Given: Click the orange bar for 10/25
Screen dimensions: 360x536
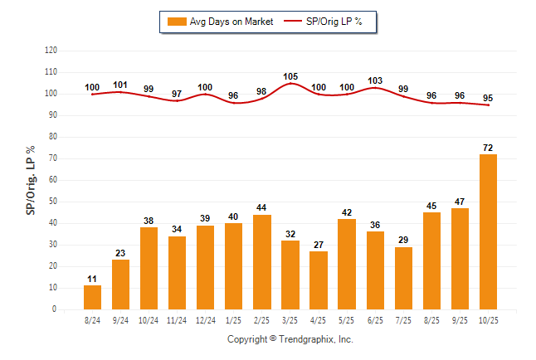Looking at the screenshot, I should pos(489,231).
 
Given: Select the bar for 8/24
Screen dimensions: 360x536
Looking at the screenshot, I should pos(92,297).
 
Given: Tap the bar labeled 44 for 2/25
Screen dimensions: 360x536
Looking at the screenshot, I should pos(261,261).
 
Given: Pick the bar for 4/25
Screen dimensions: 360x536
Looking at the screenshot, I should pos(318,280).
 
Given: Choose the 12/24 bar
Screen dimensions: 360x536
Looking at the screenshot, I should pos(205,267).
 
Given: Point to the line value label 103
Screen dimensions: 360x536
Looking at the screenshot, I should pos(375,80).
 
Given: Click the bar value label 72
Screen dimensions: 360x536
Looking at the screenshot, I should pos(489,148).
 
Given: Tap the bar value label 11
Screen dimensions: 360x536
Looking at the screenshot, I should pos(92,279).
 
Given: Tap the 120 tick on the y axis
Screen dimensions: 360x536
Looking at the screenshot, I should pos(51,51).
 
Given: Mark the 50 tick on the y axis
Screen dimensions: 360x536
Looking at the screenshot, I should pos(53,202).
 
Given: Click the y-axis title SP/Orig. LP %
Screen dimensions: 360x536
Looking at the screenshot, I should pos(31,179).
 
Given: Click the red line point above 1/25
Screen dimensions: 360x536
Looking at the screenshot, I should pos(233,103).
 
